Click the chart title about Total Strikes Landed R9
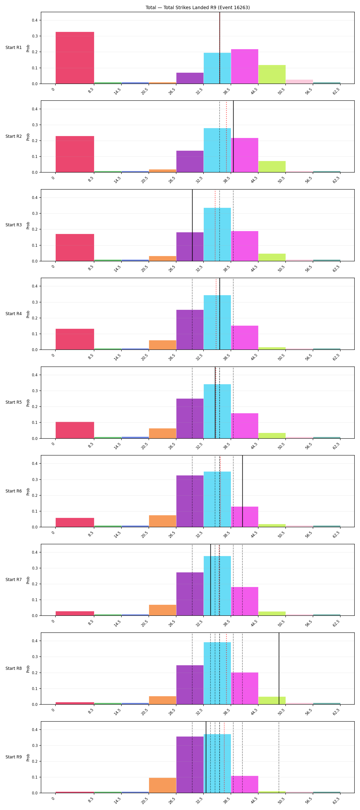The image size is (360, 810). coord(198,7)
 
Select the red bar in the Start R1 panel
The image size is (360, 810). coord(75,58)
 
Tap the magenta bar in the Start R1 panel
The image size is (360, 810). coord(245,66)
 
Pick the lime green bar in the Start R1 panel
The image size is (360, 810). coord(272,74)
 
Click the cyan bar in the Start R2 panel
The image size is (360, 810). coord(217,150)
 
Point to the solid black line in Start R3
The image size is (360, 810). coord(192,225)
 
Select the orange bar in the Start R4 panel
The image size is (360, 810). coord(162,345)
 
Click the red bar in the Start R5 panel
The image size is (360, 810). coord(75,430)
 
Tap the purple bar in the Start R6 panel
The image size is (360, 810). coord(190,501)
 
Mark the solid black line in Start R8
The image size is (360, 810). coord(279,668)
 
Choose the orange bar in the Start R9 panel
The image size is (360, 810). coord(162,785)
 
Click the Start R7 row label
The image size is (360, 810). coord(13,580)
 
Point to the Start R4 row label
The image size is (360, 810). coord(13,313)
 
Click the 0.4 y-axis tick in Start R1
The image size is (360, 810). coord(35,20)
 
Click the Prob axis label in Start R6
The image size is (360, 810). coord(28,491)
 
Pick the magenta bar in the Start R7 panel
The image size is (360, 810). coord(245,601)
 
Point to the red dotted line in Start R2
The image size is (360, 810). coord(226,137)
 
